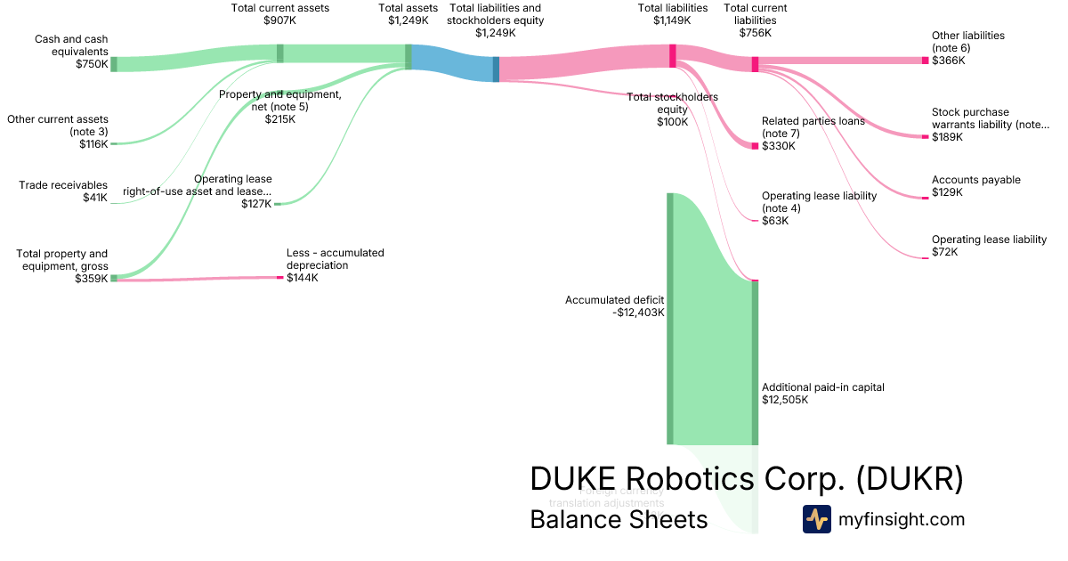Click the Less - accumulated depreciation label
click(x=335, y=259)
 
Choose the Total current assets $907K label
click(x=279, y=13)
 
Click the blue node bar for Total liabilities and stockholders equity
click(x=496, y=69)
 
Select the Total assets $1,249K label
click(x=408, y=13)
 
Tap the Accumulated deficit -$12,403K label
click(x=614, y=306)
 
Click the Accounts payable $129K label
click(x=975, y=186)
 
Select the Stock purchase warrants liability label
click(x=990, y=118)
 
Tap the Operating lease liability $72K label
click(x=989, y=246)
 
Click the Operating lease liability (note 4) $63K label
click(x=819, y=208)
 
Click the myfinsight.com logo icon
click(x=816, y=519)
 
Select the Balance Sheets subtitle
click(x=619, y=519)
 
